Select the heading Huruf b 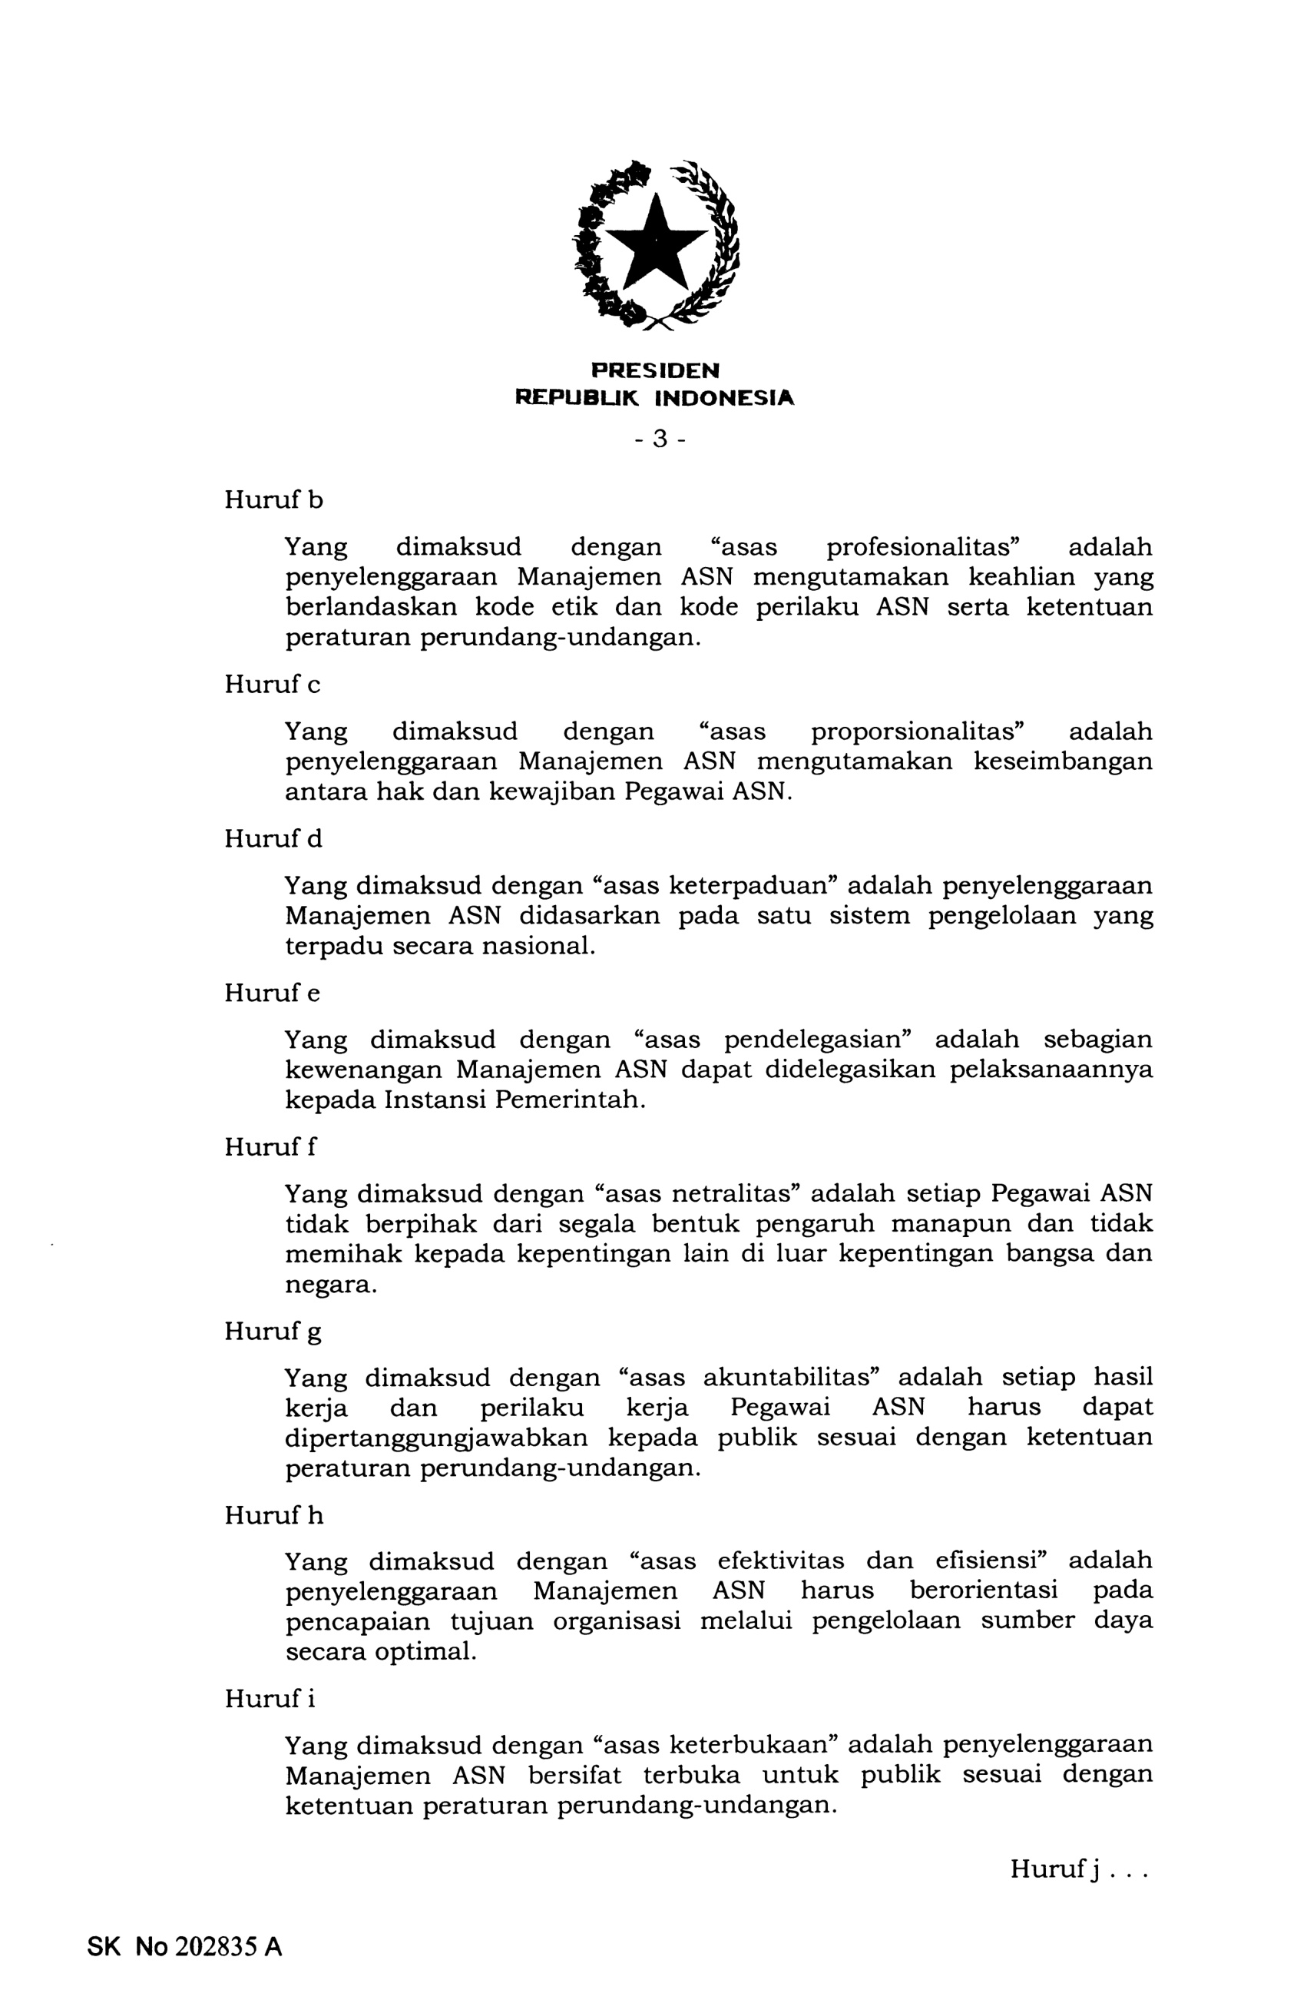tap(273, 500)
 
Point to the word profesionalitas tap(924, 547)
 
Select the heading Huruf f tap(270, 1147)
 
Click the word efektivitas tap(780, 1561)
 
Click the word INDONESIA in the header tap(724, 398)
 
